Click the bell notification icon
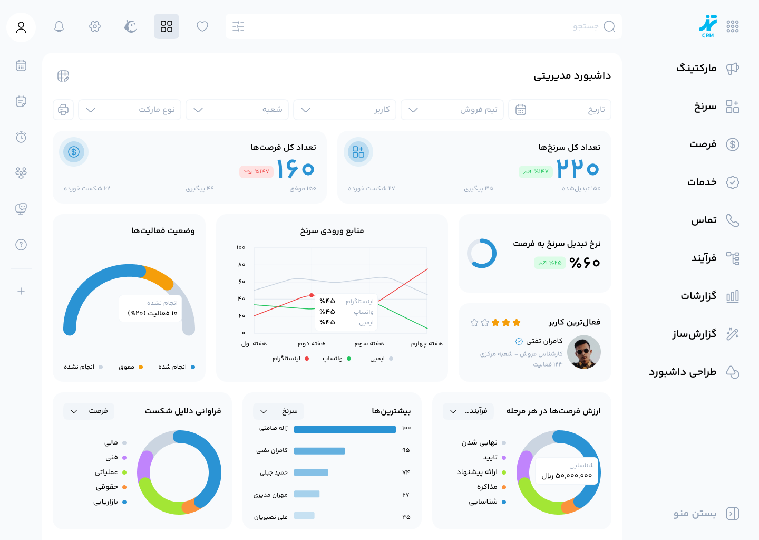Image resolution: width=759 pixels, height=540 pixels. pos(59,26)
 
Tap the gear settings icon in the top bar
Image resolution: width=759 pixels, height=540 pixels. pos(95,26)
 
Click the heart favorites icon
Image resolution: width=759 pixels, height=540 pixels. pos(202,26)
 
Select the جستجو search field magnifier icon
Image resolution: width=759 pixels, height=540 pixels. pos(609,26)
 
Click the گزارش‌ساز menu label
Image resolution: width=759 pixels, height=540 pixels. pos(694,334)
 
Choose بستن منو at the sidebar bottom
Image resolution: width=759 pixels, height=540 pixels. pos(695,514)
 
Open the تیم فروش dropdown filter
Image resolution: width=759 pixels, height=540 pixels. pos(452,110)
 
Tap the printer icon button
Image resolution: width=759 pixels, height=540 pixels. pos(63,110)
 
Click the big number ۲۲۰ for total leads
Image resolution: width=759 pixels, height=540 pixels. pos(578,169)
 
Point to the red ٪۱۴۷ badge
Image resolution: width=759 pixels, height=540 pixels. pos(257,172)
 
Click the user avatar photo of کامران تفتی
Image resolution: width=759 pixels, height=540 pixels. pos(584,352)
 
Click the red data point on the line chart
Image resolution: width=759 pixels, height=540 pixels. pos(312,295)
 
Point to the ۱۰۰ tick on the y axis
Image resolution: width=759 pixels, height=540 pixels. pos(241,247)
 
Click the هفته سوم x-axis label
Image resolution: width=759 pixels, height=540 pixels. pos(369,344)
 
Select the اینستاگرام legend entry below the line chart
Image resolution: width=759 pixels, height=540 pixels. pos(287,359)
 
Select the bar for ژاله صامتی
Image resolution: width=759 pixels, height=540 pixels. pos(345,429)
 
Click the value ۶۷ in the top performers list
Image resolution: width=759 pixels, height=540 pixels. pos(405,495)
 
